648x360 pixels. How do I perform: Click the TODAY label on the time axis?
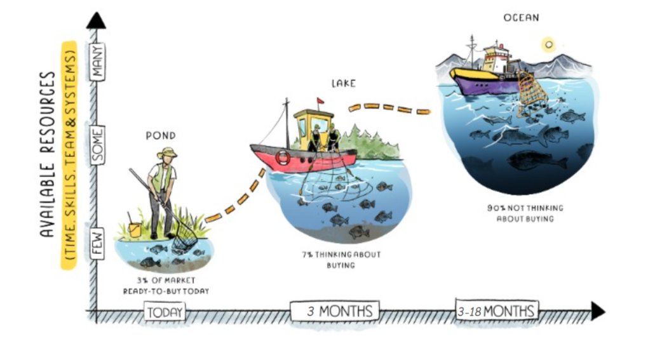(x=165, y=312)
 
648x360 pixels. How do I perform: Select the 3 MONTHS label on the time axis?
(x=334, y=311)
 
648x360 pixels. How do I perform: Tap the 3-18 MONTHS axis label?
(x=496, y=311)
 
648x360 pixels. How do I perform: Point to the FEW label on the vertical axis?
(x=97, y=243)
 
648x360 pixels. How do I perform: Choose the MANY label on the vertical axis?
(x=97, y=62)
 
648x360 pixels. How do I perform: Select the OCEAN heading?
(x=522, y=18)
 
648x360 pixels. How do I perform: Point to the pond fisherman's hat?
(x=167, y=152)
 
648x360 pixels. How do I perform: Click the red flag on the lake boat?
(x=320, y=100)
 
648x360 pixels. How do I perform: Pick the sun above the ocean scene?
(x=548, y=44)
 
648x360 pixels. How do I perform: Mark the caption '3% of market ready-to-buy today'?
(x=166, y=285)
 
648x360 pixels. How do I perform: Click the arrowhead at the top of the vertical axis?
(x=97, y=19)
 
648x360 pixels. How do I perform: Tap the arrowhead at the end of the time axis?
(x=597, y=310)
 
